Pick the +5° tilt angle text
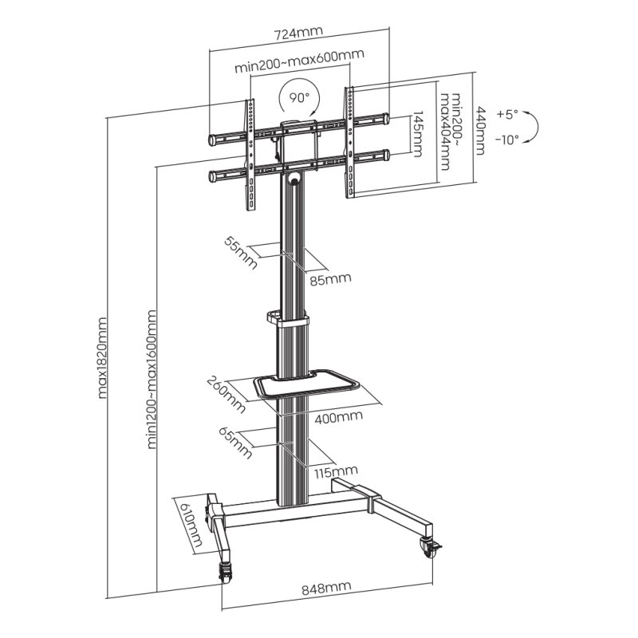[x=507, y=114]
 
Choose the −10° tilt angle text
[x=506, y=139]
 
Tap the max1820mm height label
[x=102, y=359]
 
